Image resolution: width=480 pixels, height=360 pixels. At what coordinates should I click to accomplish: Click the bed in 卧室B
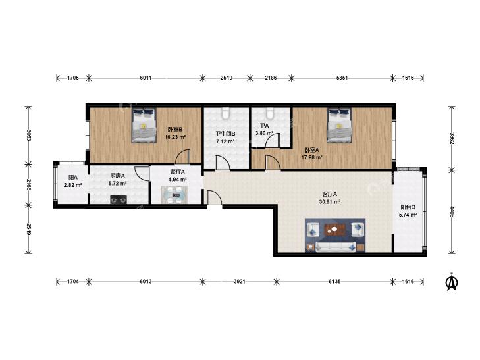tap(144, 125)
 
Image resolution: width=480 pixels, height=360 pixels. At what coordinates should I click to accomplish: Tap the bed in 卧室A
tap(339, 125)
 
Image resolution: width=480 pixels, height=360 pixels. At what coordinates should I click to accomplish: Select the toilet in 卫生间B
tap(226, 113)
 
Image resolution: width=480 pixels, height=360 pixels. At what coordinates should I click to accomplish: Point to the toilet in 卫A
tap(270, 113)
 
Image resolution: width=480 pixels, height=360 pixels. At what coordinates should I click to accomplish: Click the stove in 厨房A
tap(119, 199)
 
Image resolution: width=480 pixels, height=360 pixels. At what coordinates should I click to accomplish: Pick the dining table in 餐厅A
tap(174, 195)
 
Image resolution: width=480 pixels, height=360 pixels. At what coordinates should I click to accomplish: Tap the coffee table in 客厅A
tap(334, 229)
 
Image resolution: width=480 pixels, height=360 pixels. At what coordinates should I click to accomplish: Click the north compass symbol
tap(451, 282)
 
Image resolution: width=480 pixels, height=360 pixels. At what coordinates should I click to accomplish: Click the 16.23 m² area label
tap(175, 137)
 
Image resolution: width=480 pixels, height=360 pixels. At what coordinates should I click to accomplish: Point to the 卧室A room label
tap(311, 150)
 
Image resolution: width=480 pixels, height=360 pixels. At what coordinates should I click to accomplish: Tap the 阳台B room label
tap(408, 207)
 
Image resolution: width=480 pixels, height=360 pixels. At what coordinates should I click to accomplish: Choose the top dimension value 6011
tap(146, 78)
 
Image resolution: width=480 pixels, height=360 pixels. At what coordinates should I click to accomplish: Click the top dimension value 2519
tap(227, 78)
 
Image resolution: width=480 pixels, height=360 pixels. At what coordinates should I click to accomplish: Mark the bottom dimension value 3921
tap(240, 282)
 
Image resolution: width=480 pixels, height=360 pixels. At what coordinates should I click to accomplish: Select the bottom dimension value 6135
tap(334, 282)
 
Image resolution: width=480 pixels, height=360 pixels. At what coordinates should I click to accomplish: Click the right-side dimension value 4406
tap(452, 211)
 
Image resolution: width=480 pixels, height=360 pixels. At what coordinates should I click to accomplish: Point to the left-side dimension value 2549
tap(28, 229)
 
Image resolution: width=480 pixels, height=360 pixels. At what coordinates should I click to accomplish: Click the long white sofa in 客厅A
tap(336, 247)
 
